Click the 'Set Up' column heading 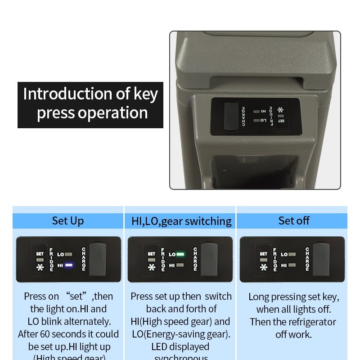[x=67, y=220]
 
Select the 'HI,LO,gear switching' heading [x=181, y=221]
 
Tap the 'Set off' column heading [x=294, y=220]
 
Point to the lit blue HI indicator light [x=68, y=265]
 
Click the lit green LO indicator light [x=180, y=254]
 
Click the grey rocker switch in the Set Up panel [x=98, y=259]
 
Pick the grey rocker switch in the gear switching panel [x=210, y=259]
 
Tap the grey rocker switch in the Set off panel [x=322, y=259]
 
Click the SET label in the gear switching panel [x=151, y=254]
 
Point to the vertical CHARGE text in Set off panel [x=307, y=259]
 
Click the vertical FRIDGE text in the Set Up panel [x=51, y=259]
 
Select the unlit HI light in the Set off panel [x=292, y=265]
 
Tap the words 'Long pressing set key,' [x=294, y=297]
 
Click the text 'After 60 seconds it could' [x=68, y=334]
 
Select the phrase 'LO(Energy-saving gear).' [x=180, y=334]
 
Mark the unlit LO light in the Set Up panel [x=68, y=254]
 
